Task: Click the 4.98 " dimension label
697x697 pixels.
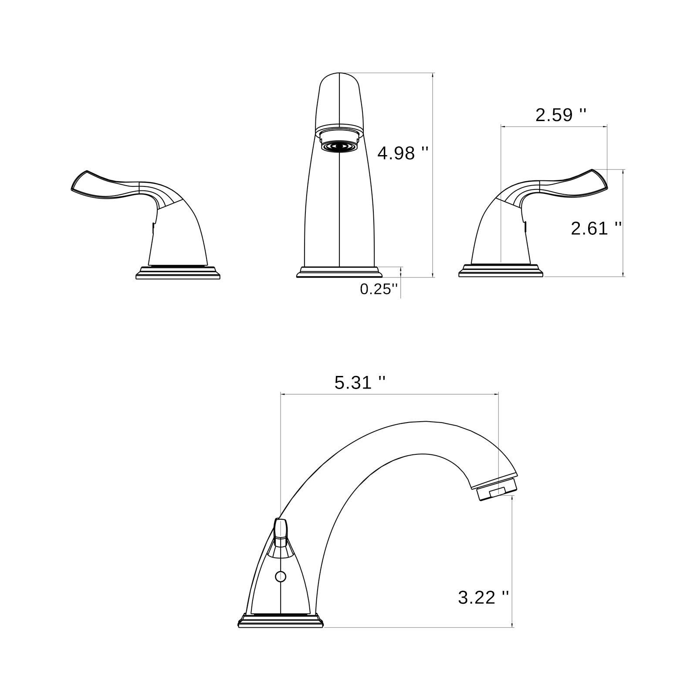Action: coord(403,153)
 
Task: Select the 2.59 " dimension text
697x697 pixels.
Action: coord(560,115)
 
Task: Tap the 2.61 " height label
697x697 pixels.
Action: coord(596,228)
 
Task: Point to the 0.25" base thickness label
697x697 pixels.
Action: coord(379,289)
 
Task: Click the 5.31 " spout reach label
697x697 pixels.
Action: coord(359,383)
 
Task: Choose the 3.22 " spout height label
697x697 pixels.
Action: coord(483,597)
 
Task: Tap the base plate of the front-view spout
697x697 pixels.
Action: coord(339,273)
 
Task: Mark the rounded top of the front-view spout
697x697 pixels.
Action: coord(339,78)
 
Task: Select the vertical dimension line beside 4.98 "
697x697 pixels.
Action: coord(433,174)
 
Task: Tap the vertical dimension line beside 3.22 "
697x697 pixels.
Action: coord(513,562)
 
